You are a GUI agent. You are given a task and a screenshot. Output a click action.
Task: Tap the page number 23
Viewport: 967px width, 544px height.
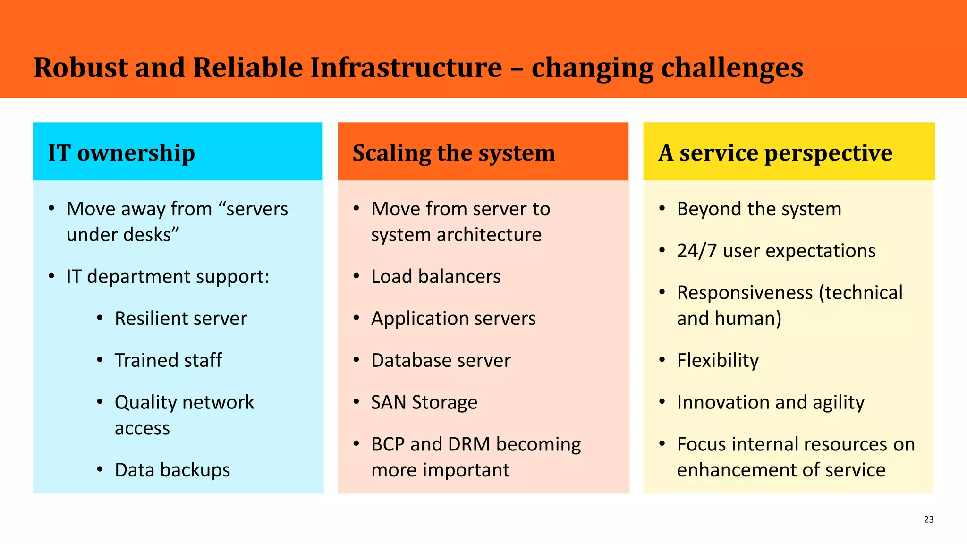(928, 519)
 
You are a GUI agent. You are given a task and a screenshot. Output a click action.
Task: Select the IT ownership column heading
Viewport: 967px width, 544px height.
(121, 153)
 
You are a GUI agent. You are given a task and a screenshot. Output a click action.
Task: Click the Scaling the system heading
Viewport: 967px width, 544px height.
(453, 153)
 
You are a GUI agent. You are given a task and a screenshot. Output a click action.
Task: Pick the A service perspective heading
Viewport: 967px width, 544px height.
(775, 153)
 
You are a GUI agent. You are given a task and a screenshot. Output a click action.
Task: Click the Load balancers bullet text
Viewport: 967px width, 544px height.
(435, 277)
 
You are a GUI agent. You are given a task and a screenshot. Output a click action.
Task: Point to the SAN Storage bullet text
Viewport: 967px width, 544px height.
(424, 402)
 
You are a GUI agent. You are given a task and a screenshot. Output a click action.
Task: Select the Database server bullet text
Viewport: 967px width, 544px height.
(441, 361)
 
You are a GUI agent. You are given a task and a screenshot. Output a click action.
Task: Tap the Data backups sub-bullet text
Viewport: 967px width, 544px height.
(172, 470)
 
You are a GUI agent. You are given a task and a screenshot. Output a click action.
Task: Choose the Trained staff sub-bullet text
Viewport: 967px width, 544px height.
(168, 361)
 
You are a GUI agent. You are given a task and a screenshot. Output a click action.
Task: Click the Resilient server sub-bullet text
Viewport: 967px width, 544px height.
(181, 319)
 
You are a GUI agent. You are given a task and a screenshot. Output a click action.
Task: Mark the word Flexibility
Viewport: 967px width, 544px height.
(718, 361)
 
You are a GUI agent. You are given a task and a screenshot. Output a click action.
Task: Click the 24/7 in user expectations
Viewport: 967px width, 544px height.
(696, 251)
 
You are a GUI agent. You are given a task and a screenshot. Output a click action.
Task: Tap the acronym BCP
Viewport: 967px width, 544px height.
(388, 444)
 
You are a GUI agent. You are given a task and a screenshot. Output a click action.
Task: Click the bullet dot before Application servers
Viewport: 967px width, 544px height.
(357, 318)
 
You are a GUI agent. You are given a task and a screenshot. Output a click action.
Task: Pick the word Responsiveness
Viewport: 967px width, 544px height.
(745, 293)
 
